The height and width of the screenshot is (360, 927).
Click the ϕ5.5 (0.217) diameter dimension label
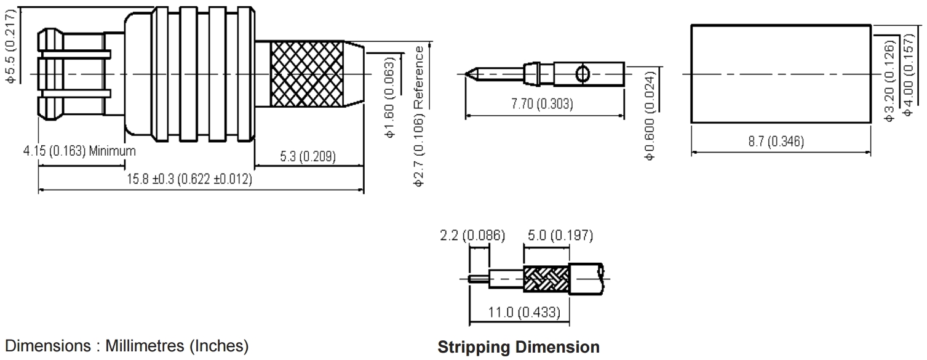[10, 46]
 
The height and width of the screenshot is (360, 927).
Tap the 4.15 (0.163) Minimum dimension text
[79, 151]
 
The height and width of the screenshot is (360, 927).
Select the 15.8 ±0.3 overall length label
[189, 179]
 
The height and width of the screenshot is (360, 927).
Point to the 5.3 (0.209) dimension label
[308, 156]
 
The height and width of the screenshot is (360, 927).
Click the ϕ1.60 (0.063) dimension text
[390, 97]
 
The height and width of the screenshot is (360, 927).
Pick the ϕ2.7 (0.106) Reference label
[419, 116]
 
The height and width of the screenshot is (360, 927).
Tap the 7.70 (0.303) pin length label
[542, 103]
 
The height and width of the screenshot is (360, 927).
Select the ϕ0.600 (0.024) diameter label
[650, 116]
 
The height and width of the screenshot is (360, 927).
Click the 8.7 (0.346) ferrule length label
[776, 142]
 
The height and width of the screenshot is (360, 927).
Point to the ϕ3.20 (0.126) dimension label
[889, 80]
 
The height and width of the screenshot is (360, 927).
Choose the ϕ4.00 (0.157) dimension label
[908, 75]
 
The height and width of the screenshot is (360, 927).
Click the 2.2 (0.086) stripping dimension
[472, 236]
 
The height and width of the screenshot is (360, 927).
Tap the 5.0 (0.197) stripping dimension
[560, 236]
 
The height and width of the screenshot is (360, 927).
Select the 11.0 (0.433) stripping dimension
[524, 312]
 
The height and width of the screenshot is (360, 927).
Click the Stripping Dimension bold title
[519, 347]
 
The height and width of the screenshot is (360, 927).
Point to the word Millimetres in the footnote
[145, 346]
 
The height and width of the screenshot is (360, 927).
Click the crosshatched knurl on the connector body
[307, 74]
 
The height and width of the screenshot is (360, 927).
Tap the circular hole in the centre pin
[583, 74]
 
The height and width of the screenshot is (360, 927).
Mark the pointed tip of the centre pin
[466, 74]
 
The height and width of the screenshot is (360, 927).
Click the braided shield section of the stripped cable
[546, 279]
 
